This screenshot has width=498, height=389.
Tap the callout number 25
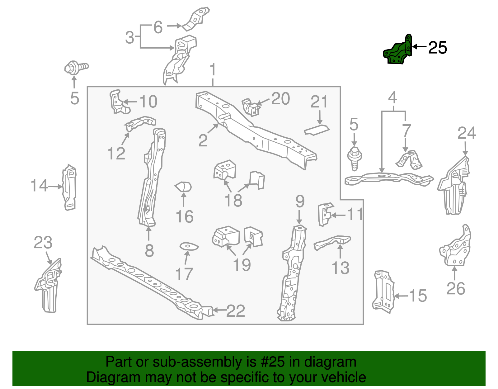[x=437, y=48]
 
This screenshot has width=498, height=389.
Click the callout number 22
[x=236, y=311]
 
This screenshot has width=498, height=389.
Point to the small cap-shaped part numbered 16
[x=183, y=187]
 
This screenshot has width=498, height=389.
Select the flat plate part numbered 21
[x=317, y=130]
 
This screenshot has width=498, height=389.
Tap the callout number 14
[x=39, y=186]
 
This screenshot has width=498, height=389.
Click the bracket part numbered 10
[x=118, y=102]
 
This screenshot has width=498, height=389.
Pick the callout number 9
[x=300, y=202]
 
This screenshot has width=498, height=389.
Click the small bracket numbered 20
[x=251, y=107]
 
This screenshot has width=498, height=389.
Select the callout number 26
[x=455, y=288]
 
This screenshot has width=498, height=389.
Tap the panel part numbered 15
[x=383, y=290]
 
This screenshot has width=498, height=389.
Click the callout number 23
[x=43, y=243]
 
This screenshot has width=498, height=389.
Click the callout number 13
[x=341, y=268]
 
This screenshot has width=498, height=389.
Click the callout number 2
[x=203, y=140]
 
